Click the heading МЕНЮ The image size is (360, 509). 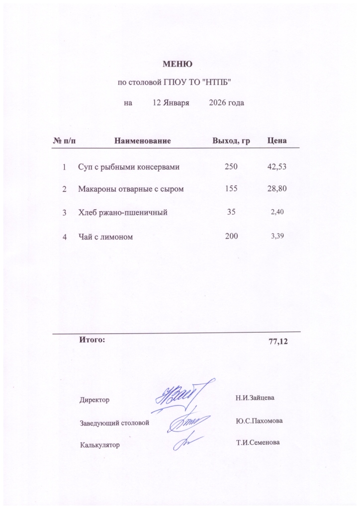[178, 64]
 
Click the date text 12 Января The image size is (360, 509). [171, 103]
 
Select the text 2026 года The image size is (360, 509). [226, 103]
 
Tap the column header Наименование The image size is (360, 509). [143, 141]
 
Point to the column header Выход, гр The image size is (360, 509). [231, 141]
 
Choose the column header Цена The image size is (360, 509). [277, 141]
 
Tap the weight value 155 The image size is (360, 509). [231, 189]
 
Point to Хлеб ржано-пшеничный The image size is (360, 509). [122, 213]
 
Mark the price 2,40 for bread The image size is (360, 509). [277, 212]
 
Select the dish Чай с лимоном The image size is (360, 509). [105, 237]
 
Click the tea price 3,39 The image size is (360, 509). [277, 236]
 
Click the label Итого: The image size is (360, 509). [92, 340]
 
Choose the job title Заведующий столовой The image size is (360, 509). [114, 423]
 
